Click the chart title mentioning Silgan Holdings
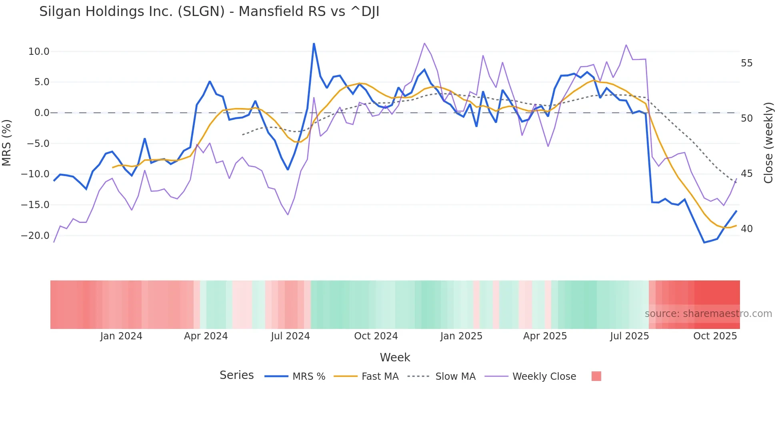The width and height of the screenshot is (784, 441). tap(209, 12)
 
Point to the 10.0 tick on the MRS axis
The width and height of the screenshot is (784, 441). tap(39, 52)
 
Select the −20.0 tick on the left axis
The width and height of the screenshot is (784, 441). tap(35, 236)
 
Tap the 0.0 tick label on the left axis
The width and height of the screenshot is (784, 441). tap(42, 113)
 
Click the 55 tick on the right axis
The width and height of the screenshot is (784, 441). tap(746, 63)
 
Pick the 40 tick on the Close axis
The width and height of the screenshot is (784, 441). tap(746, 229)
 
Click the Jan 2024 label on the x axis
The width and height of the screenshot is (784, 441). tap(121, 336)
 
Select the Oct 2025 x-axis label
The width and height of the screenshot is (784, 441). tap(715, 336)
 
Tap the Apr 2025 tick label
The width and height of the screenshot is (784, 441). tap(545, 336)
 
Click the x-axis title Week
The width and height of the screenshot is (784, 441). tap(395, 357)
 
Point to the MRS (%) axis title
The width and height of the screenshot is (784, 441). tap(7, 142)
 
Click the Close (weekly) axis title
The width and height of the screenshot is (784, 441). tap(768, 143)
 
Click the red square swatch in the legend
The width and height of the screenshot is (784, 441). tap(596, 376)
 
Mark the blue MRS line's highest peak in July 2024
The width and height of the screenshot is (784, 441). tap(314, 44)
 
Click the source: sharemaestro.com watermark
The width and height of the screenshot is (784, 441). tap(708, 314)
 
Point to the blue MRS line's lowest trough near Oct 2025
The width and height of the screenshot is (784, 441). tap(704, 243)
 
